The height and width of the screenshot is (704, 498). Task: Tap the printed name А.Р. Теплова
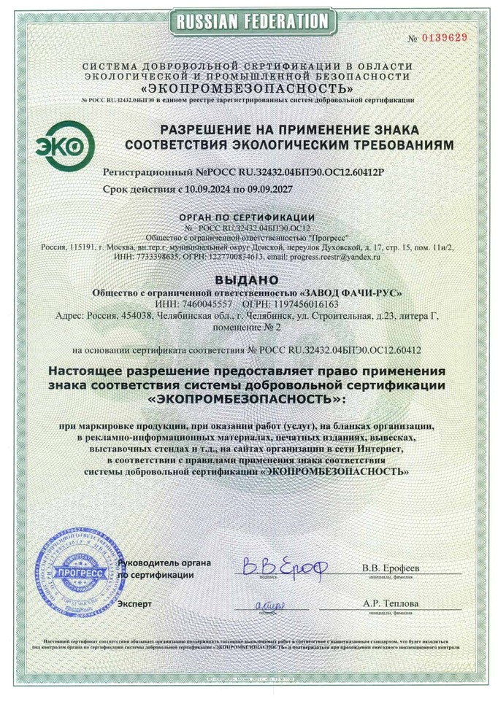pos(391,604)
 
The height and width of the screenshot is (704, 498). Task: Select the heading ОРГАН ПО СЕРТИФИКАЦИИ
pos(247,217)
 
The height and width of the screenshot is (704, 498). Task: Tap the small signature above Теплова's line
pos(270,604)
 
